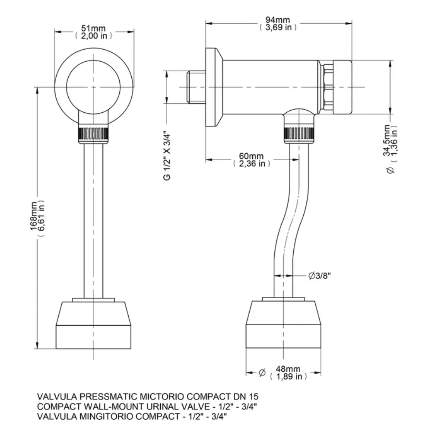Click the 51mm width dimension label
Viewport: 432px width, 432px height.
[93, 29]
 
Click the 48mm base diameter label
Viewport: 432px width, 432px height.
[288, 369]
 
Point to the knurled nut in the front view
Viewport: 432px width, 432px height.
[94, 134]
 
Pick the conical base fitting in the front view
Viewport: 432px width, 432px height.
[94, 324]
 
